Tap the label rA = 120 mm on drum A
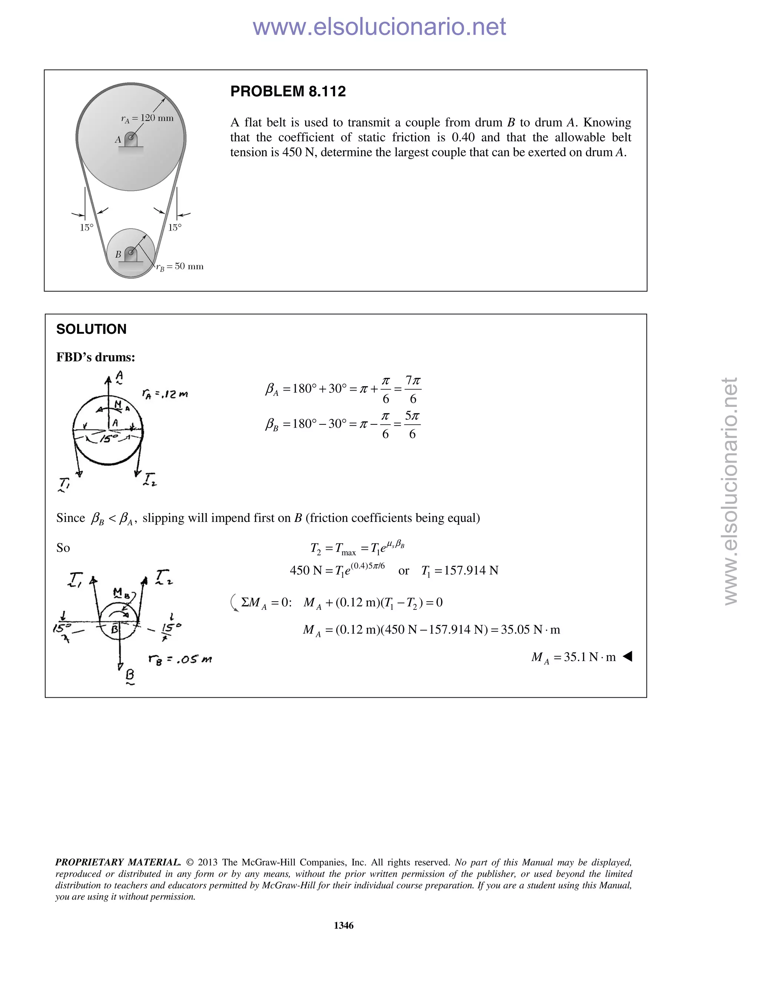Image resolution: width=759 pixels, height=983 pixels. pyautogui.click(x=147, y=118)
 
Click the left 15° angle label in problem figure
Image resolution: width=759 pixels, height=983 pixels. pyautogui.click(x=86, y=228)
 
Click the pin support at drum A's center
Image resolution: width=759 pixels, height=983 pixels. pyautogui.click(x=130, y=139)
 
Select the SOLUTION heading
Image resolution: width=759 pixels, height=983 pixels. pyautogui.click(x=91, y=329)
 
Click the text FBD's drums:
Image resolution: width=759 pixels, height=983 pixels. pyautogui.click(x=95, y=357)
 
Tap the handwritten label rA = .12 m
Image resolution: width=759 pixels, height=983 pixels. pyautogui.click(x=165, y=394)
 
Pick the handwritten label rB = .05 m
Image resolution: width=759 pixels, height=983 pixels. pyautogui.click(x=180, y=660)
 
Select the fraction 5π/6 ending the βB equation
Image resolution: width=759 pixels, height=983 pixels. pyautogui.click(x=412, y=424)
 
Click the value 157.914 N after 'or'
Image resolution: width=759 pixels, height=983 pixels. pyautogui.click(x=471, y=571)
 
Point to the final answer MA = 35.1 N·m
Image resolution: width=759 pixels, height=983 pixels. pyautogui.click(x=573, y=657)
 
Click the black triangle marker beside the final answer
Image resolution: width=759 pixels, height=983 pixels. pyautogui.click(x=628, y=657)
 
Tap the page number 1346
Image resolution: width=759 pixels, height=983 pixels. pyautogui.click(x=344, y=926)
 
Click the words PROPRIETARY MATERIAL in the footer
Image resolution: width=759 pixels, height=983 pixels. pyautogui.click(x=118, y=862)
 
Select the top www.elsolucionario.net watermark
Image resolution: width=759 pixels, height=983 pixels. pyautogui.click(x=379, y=27)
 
